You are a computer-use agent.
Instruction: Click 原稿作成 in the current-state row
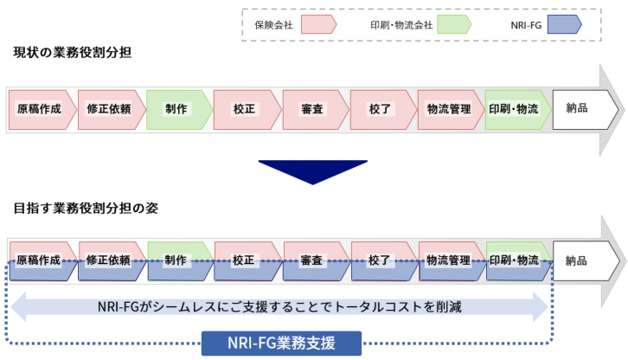tap(40, 109)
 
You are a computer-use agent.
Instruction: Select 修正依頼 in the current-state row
tap(109, 109)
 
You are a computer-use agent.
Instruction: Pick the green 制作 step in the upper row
tap(177, 109)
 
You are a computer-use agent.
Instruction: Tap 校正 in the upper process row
tap(245, 109)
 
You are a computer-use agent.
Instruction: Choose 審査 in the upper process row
tap(313, 109)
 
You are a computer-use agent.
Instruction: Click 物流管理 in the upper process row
tap(449, 109)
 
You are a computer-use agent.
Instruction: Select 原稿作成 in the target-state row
tap(40, 260)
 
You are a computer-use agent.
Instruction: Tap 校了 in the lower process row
tap(381, 260)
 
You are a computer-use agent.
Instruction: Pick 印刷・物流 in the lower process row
tap(516, 260)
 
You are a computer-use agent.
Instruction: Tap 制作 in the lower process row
tap(177, 260)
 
